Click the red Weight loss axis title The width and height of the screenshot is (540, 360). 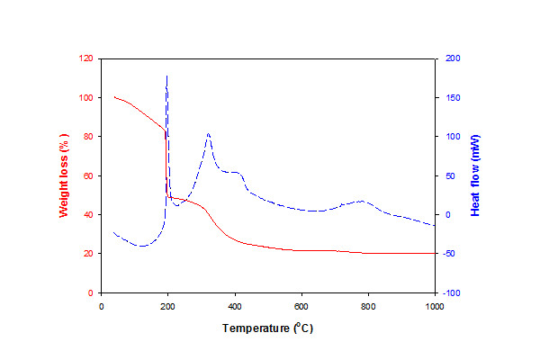[x=64, y=175]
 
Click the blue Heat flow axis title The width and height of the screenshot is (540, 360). [x=476, y=175]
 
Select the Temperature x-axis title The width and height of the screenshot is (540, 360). [x=268, y=328]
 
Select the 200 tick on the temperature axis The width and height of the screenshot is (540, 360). [x=167, y=306]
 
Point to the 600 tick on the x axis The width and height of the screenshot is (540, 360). [x=301, y=306]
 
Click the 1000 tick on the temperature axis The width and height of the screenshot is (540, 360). [x=435, y=306]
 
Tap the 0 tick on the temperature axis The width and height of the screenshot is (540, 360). [x=101, y=306]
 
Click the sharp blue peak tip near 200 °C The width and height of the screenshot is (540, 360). [x=167, y=76]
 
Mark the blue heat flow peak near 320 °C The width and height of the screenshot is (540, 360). [x=208, y=134]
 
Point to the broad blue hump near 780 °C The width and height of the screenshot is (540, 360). [x=361, y=202]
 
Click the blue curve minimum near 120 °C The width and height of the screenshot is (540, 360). [x=140, y=246]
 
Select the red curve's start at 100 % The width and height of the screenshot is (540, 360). [x=114, y=96]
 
